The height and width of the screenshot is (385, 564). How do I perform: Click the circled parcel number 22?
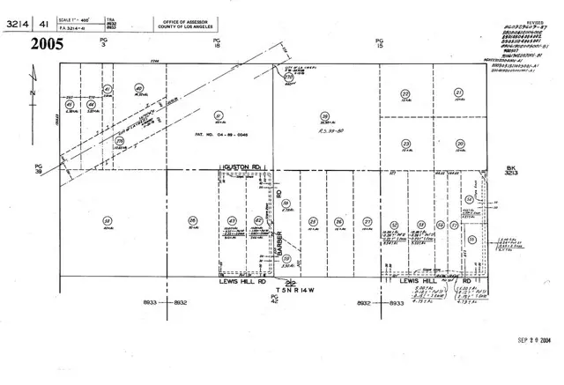404,93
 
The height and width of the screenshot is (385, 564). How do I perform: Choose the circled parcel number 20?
459,144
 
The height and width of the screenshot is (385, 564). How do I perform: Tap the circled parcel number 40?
139,88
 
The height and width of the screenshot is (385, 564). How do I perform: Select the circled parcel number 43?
232,220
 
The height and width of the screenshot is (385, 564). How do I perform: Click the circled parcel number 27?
367,221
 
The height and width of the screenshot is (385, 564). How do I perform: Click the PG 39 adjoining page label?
38,168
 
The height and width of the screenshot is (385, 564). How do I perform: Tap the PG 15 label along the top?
380,43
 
